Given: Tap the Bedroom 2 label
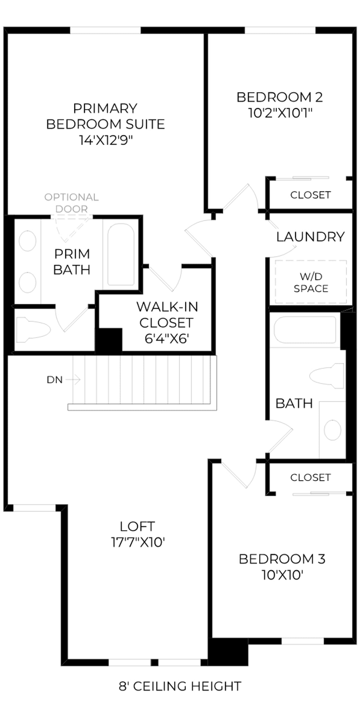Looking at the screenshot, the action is coord(280,97).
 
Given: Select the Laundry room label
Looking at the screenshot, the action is coord(310,237).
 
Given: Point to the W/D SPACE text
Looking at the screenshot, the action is coord(311,282).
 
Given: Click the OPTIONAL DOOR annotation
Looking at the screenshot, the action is coord(71,203).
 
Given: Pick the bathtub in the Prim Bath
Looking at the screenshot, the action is coord(121,254).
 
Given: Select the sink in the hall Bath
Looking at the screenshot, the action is coord(332,430).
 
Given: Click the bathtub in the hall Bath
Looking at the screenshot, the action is coord(305,330).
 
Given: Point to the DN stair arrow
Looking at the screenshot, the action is coord(73,380).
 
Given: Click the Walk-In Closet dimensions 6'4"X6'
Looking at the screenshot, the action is coord(166,339).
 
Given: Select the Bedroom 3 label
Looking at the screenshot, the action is coord(282,559).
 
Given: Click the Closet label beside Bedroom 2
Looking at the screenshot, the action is coord(310,195).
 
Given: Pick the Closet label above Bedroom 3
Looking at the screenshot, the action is coord(310,477).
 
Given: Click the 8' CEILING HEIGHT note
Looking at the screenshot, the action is coord(180,686).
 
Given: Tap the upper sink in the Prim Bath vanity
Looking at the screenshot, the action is coord(27,241).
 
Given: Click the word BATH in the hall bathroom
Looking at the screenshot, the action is coord(294,403).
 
